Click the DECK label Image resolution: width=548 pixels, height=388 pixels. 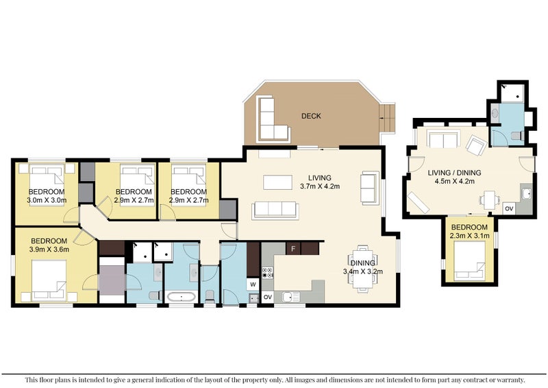(x=311, y=116)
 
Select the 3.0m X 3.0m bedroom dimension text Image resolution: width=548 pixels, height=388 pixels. (x=46, y=201)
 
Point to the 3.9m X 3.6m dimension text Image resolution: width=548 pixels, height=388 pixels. (x=49, y=250)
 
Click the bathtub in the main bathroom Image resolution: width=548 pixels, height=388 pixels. (x=181, y=298)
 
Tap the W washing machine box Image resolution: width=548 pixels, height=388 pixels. (x=253, y=283)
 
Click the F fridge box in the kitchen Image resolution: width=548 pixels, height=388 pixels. (x=293, y=248)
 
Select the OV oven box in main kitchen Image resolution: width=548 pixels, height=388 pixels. (x=268, y=297)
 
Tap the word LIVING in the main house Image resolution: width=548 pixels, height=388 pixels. (x=320, y=178)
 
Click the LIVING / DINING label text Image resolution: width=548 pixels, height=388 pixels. (x=454, y=172)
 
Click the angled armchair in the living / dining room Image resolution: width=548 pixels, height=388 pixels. (x=477, y=145)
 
